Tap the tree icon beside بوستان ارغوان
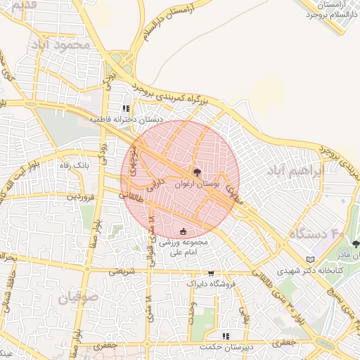(x=196, y=172)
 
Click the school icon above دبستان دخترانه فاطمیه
(x=126, y=109)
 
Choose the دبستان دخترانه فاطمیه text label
(x=126, y=120)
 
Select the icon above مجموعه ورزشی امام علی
(x=184, y=231)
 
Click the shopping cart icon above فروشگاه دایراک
(x=211, y=272)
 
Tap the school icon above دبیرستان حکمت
(x=226, y=336)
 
